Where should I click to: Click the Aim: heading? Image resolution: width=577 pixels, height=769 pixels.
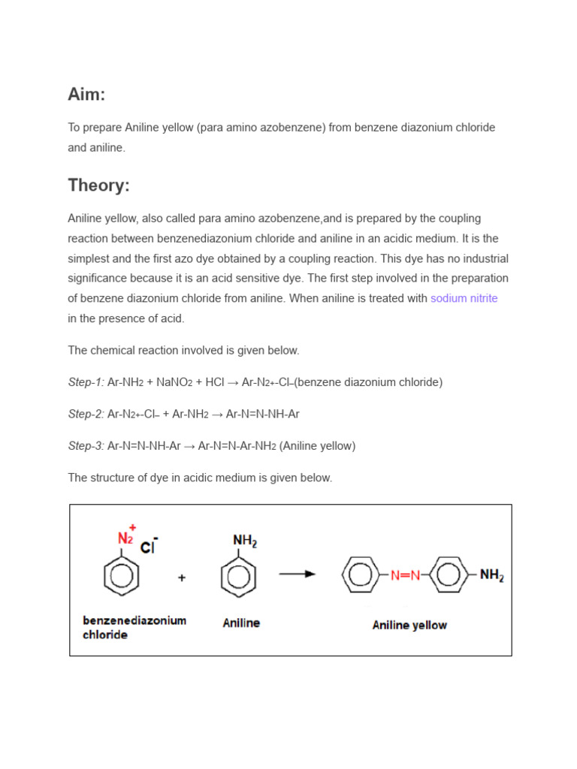(86, 95)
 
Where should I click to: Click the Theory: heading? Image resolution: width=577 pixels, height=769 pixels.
(98, 185)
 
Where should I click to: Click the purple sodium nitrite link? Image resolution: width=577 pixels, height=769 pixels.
(464, 298)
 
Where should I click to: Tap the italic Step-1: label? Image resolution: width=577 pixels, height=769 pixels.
(86, 382)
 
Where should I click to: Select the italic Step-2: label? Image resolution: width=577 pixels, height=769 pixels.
(86, 414)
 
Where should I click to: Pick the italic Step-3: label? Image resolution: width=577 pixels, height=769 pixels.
(86, 446)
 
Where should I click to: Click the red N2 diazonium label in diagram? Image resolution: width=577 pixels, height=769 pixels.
(125, 538)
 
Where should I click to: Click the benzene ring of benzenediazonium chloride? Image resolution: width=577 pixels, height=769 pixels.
(121, 576)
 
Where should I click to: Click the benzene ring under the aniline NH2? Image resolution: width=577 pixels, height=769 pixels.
(239, 577)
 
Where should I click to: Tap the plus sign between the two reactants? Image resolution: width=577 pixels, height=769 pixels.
(182, 578)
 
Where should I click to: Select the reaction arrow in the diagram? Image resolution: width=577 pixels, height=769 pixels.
(298, 574)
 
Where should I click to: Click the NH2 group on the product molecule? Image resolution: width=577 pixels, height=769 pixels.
(491, 575)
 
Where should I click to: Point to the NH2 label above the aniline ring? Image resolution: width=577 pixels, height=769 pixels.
(245, 540)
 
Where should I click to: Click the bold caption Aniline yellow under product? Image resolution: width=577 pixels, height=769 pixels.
(409, 625)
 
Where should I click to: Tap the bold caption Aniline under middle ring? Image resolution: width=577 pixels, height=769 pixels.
(241, 623)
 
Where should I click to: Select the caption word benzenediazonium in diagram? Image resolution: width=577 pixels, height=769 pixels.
(134, 620)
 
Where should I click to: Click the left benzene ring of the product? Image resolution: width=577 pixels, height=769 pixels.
(361, 575)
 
